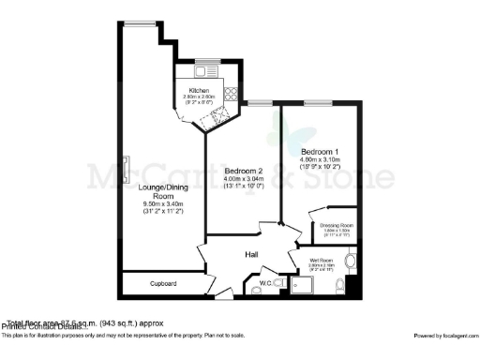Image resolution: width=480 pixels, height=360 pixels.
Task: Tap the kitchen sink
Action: (x=203, y=69)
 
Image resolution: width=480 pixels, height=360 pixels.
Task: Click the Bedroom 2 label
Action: (x=243, y=171)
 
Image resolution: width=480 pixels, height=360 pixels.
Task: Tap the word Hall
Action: (x=252, y=254)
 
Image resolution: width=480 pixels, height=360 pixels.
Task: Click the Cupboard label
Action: (x=165, y=283)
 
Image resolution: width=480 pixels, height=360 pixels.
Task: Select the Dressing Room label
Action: (x=336, y=225)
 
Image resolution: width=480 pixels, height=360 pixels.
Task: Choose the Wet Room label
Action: (x=321, y=260)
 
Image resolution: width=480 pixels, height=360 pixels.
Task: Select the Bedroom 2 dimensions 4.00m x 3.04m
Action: (x=243, y=179)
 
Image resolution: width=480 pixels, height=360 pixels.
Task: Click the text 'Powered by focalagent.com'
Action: (x=445, y=335)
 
